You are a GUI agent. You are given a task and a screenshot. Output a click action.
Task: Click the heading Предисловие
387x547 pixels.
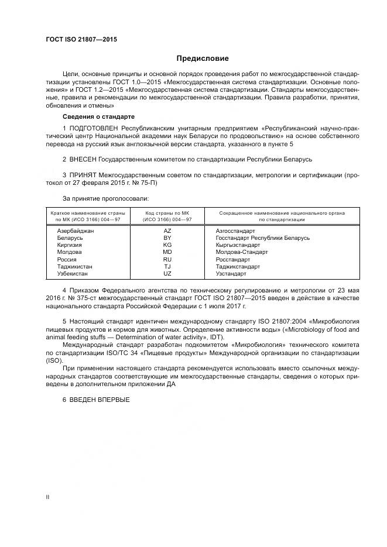pyautogui.click(x=203, y=59)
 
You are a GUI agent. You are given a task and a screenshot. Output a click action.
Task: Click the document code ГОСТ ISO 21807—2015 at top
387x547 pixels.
pyautogui.click(x=81, y=40)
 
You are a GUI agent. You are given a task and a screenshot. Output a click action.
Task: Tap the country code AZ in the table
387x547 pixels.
pyautogui.click(x=167, y=231)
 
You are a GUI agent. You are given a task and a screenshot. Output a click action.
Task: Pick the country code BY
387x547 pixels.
pyautogui.click(x=167, y=238)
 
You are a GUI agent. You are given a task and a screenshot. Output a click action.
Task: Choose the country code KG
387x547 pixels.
pyautogui.click(x=167, y=245)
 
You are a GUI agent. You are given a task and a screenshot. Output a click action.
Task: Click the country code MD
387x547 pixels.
pyautogui.click(x=167, y=252)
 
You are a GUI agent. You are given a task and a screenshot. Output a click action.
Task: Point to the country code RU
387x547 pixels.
pyautogui.click(x=167, y=259)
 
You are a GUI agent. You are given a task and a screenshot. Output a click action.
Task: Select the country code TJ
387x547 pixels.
pyautogui.click(x=167, y=266)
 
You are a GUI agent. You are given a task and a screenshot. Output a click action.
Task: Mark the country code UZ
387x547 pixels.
pyautogui.click(x=167, y=273)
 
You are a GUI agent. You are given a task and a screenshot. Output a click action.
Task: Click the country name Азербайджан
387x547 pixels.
pyautogui.click(x=76, y=231)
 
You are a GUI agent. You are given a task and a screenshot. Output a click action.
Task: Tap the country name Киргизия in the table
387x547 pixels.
pyautogui.click(x=69, y=245)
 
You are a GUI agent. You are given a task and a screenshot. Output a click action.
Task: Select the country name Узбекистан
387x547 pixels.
pyautogui.click(x=73, y=273)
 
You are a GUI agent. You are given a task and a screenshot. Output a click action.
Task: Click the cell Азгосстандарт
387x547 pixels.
pyautogui.click(x=235, y=231)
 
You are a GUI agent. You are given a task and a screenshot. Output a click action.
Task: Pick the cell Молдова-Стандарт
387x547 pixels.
pyautogui.click(x=241, y=252)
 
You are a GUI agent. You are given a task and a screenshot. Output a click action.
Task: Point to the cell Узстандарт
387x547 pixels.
pyautogui.click(x=231, y=273)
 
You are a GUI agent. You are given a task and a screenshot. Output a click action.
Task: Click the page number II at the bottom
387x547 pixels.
pyautogui.click(x=47, y=497)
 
